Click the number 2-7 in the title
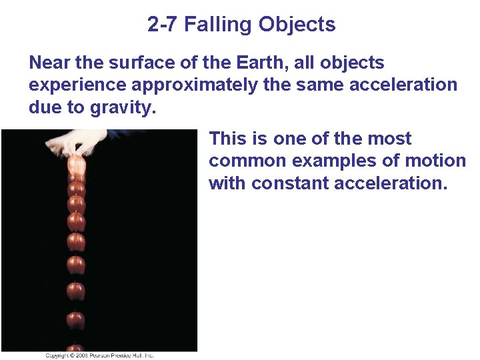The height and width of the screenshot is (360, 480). click(x=163, y=25)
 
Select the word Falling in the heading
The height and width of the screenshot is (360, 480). click(x=217, y=25)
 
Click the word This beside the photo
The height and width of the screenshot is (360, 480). click(x=229, y=139)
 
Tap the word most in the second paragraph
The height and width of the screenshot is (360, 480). click(x=389, y=139)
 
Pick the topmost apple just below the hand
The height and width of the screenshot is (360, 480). click(x=76, y=165)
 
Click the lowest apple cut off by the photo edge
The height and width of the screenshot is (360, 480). click(x=75, y=347)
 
